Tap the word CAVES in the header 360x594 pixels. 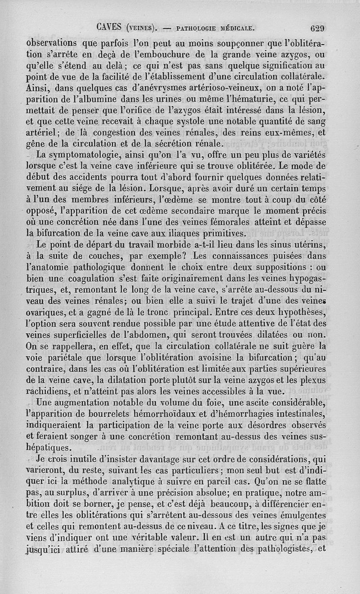click(x=109, y=27)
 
